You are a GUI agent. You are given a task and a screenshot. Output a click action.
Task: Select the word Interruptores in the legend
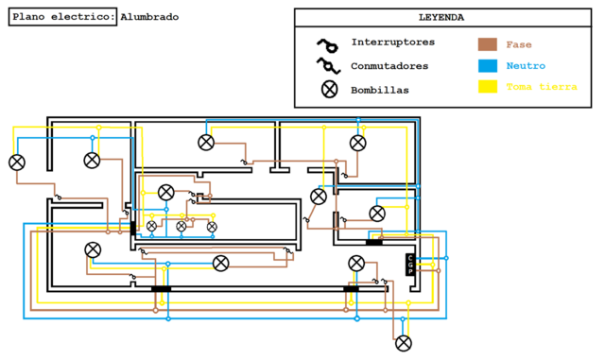[392, 43]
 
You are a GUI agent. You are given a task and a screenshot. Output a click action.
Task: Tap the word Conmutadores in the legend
[389, 66]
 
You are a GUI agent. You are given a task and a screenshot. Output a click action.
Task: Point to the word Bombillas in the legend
[380, 90]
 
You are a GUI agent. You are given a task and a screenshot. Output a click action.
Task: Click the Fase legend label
[518, 43]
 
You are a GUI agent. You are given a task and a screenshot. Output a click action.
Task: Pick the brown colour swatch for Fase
[487, 43]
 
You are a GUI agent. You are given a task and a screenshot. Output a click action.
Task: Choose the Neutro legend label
[525, 66]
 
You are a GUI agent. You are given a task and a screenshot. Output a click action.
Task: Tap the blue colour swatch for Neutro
[487, 66]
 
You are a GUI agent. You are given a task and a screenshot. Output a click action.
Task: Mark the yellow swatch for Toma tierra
[487, 88]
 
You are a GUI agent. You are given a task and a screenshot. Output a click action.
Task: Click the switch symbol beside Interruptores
[328, 43]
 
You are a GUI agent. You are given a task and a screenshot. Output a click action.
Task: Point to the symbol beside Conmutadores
[328, 66]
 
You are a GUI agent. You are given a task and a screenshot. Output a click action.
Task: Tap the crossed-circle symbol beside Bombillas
[329, 90]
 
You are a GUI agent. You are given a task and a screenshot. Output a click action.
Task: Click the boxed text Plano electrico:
[63, 17]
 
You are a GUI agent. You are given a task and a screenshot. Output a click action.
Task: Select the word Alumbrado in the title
[148, 17]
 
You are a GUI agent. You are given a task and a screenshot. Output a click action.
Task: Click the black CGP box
[410, 265]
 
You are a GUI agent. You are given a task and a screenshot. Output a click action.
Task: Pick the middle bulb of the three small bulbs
[181, 227]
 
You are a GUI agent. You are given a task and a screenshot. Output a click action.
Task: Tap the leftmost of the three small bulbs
[151, 227]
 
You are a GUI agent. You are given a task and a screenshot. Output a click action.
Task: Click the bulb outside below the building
[404, 343]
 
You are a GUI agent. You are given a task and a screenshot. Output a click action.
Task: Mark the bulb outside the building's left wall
[17, 163]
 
